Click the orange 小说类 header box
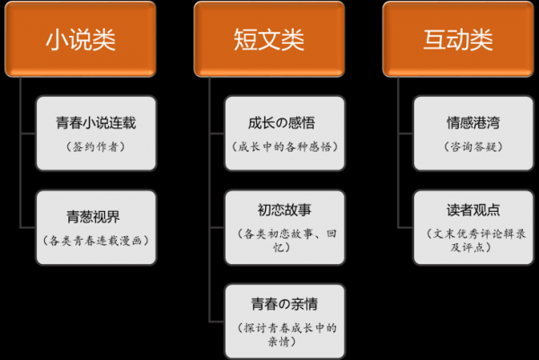click(81, 39)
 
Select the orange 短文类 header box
click(269, 39)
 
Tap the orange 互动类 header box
click(458, 39)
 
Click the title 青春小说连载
click(96, 123)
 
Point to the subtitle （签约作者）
click(96, 147)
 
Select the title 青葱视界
click(93, 216)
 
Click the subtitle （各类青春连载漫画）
click(96, 241)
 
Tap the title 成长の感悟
click(281, 123)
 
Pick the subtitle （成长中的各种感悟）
click(285, 147)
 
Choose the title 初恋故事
click(285, 210)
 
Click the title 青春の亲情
click(285, 304)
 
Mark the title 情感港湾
click(473, 123)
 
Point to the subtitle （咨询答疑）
click(473, 147)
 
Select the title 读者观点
click(473, 210)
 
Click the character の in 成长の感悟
click(281, 123)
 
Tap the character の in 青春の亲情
click(285, 304)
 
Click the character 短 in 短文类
click(245, 40)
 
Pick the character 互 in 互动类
click(435, 40)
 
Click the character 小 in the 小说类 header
click(57, 40)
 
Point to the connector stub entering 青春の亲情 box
click(216, 322)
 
